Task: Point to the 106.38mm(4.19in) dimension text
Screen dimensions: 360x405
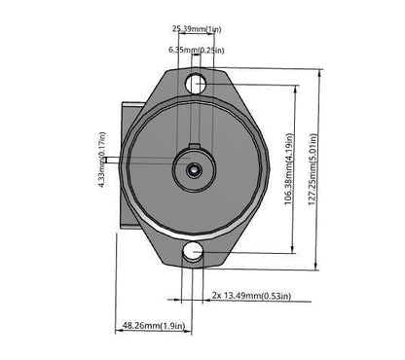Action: point(288,169)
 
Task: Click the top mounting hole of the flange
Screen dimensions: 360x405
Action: point(195,82)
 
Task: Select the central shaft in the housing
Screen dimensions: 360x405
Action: point(194,169)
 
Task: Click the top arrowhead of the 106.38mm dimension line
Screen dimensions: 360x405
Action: point(297,87)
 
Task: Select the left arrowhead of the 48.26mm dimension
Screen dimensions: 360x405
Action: point(122,334)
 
